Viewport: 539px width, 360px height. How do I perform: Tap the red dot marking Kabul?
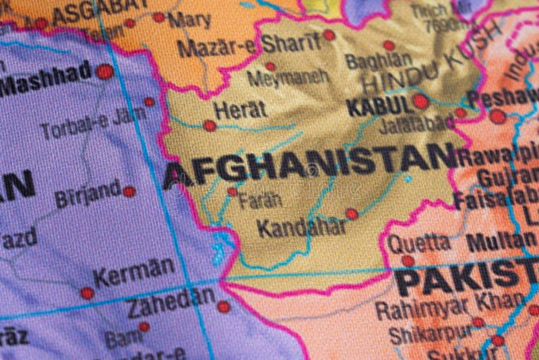[x=421, y=101]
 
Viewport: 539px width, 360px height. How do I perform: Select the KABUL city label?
[x=379, y=104]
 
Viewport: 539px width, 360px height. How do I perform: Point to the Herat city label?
[x=240, y=109]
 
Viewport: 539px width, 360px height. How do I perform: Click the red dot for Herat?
[x=210, y=125]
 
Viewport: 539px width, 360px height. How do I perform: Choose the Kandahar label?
[x=302, y=228]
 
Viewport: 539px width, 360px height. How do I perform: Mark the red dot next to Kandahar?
[x=352, y=214]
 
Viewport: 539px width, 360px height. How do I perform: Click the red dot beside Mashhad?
[x=104, y=71]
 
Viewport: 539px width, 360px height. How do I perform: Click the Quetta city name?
[x=418, y=243]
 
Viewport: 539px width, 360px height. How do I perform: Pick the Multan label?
[x=501, y=242]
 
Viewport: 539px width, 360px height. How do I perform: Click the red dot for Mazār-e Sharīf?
[x=329, y=35]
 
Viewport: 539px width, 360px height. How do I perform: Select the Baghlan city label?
[x=378, y=61]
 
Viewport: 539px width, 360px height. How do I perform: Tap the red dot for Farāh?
[x=232, y=191]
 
